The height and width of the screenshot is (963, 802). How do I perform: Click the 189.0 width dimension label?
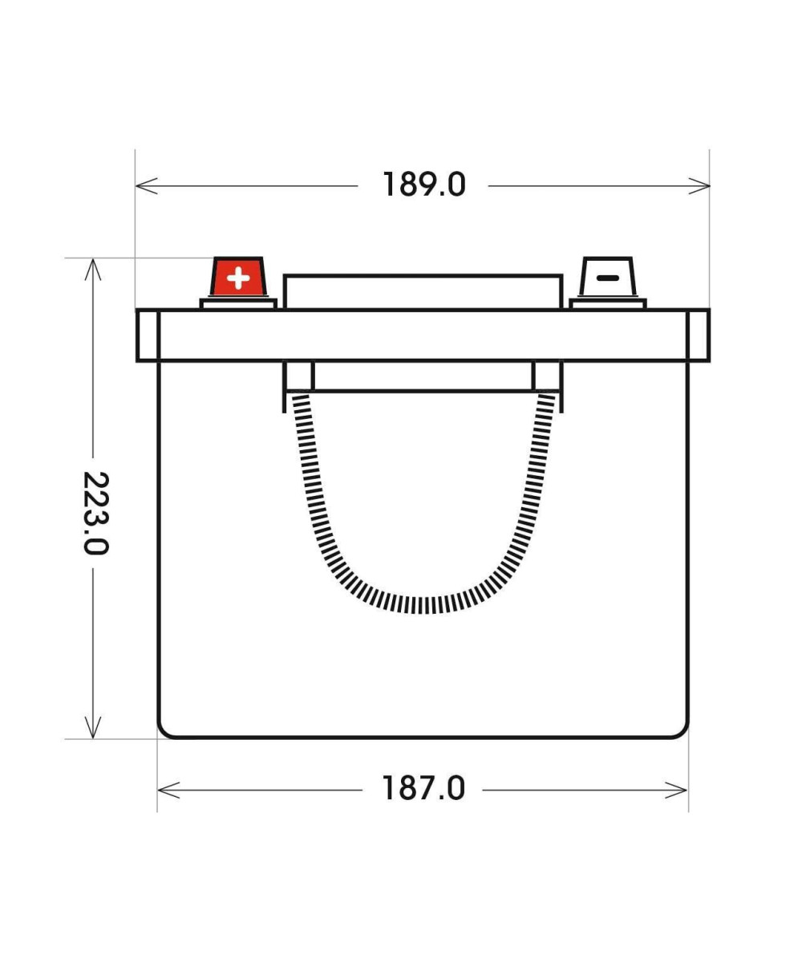pyautogui.click(x=424, y=185)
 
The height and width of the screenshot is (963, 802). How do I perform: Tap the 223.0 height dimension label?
pyautogui.click(x=96, y=513)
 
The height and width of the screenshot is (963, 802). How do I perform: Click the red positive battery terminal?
pyautogui.click(x=238, y=276)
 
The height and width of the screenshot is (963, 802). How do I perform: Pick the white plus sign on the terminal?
pyautogui.click(x=238, y=278)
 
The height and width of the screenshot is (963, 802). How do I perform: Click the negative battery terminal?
pyautogui.click(x=607, y=276)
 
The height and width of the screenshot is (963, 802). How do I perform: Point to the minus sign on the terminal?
pyautogui.click(x=607, y=278)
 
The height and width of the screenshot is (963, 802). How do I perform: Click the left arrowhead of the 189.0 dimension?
pyautogui.click(x=147, y=186)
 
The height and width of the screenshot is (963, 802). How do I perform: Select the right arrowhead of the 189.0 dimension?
pyautogui.click(x=699, y=186)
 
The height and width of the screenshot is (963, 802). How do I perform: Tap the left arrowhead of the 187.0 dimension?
pyautogui.click(x=168, y=790)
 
